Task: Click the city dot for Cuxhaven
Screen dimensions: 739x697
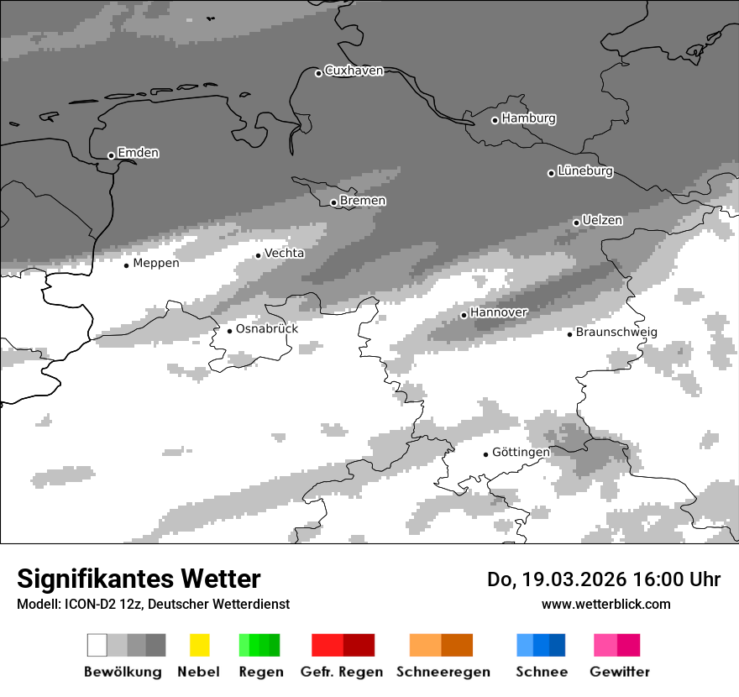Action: (318, 73)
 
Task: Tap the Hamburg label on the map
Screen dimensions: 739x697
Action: (528, 118)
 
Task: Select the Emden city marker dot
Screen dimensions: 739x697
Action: (111, 155)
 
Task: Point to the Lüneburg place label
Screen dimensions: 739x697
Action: (585, 171)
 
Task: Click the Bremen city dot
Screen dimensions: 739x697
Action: (333, 202)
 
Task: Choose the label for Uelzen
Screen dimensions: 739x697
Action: (602, 221)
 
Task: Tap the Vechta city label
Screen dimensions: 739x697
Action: (285, 253)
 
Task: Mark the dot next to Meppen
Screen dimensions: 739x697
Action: (126, 265)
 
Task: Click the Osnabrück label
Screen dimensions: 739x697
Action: (267, 329)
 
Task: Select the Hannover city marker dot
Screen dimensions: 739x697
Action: (464, 315)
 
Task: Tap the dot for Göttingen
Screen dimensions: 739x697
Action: (485, 454)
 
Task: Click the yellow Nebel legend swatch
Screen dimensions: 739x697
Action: (199, 645)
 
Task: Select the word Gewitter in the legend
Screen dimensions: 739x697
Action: (620, 672)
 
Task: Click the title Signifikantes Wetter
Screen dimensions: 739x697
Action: (139, 579)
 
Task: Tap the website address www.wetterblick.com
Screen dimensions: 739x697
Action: (606, 604)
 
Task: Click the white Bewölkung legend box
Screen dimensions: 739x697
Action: (97, 645)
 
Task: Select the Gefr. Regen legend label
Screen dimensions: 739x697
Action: (342, 672)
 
